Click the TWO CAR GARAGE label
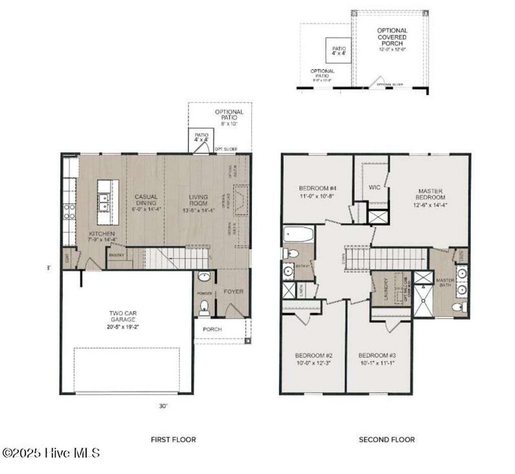pos(123,316)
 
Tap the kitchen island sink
pos(105,203)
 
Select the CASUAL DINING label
pos(146,200)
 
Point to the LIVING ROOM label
pos(198,200)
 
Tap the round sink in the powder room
pos(204,277)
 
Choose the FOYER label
pos(233,292)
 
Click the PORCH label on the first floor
pos(212,330)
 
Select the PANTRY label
pos(116,255)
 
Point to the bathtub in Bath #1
pos(298,234)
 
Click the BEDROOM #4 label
pos(317,188)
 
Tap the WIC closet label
pos(375,187)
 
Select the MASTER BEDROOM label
pos(431,194)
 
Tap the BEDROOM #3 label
pos(377,355)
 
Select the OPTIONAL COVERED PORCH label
pos(392,37)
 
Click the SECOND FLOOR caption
pos(387,439)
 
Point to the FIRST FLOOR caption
pos(174,439)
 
